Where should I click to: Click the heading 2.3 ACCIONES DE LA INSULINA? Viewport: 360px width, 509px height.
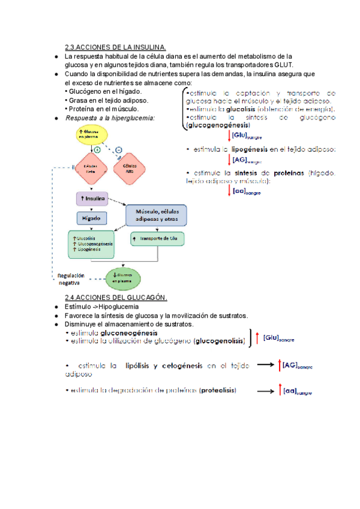point(115,47)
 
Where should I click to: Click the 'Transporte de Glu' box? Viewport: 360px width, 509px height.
point(158,238)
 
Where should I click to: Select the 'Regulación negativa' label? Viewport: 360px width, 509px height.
point(71,279)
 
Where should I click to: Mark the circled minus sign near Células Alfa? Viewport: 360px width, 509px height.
point(119,149)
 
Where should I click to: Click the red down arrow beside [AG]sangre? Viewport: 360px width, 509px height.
point(229,160)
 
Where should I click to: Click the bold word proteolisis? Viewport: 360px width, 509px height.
point(218,390)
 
